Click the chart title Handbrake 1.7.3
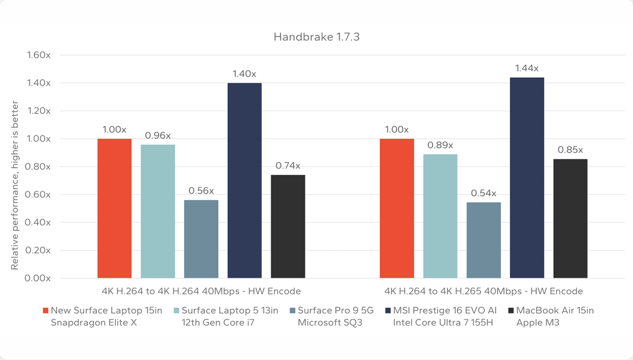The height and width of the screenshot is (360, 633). tap(316, 37)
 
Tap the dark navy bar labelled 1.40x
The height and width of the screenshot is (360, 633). tap(244, 180)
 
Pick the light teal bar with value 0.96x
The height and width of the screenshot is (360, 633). tap(158, 211)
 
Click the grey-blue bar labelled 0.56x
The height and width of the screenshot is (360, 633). tap(201, 239)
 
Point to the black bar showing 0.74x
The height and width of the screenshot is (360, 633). tap(288, 227)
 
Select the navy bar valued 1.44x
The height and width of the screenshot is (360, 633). tap(527, 178)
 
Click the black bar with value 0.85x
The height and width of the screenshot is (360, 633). tap(570, 219)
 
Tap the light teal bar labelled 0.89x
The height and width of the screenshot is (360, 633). tap(440, 216)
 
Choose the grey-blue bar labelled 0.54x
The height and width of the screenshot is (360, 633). tap(483, 240)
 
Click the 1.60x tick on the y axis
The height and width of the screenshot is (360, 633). tap(39, 55)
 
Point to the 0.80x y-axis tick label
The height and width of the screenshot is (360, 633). tap(39, 167)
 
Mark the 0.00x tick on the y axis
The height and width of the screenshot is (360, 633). tap(39, 279)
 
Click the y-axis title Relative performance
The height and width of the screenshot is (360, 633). tap(15, 185)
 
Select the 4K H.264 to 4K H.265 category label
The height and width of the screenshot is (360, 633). tap(483, 291)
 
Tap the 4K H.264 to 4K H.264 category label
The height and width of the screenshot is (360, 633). tap(201, 291)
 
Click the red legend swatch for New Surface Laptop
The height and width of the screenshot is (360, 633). tap(45, 311)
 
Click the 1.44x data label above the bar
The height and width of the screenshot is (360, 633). tap(527, 69)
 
